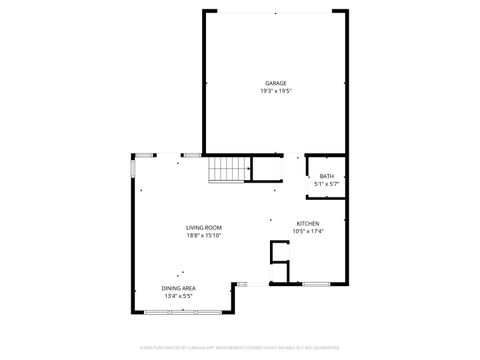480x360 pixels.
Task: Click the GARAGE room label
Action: click(276, 83)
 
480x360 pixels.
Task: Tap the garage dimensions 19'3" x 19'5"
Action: click(276, 92)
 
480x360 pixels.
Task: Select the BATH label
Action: click(327, 176)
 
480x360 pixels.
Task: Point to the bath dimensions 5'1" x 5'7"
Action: click(327, 184)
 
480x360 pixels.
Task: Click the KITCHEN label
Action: click(308, 223)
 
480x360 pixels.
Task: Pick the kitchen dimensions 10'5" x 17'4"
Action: click(308, 232)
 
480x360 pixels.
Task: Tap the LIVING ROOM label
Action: click(203, 228)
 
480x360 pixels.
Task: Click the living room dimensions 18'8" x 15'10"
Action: click(203, 236)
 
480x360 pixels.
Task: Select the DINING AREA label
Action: click(179, 288)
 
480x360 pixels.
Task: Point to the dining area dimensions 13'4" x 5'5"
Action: click(179, 296)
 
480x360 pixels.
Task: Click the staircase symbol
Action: click(227, 171)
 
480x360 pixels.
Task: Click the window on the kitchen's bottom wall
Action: click(314, 286)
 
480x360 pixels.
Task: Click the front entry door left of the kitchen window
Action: click(255, 286)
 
